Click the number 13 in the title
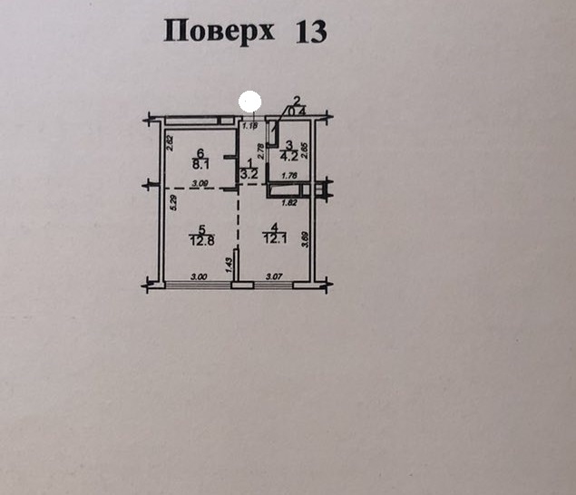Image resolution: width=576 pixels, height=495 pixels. click(x=310, y=32)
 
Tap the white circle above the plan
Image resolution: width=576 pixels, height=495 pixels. click(x=249, y=102)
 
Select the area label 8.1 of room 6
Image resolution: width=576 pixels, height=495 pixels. click(x=200, y=165)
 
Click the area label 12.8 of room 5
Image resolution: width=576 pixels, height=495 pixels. click(x=200, y=240)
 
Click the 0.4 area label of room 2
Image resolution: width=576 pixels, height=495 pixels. click(x=300, y=111)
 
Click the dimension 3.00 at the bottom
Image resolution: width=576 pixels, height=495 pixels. click(x=198, y=277)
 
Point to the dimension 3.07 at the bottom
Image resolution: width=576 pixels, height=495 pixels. click(x=274, y=277)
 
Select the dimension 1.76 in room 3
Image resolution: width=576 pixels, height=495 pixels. click(x=290, y=176)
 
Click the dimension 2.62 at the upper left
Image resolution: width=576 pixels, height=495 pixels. click(x=170, y=142)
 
